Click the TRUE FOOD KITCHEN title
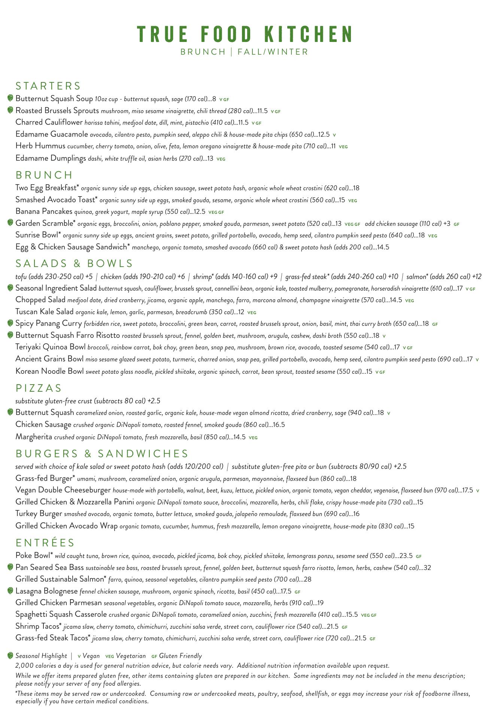point(244,34)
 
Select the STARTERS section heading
point(48,86)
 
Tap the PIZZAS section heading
point(39,388)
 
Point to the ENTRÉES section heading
point(45,543)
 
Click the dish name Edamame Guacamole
point(52,134)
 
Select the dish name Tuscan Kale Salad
point(45,312)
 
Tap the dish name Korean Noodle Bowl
point(49,371)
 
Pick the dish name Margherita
point(34,437)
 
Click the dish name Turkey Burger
point(39,513)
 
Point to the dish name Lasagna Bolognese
point(46,591)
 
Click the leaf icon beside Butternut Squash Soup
point(10,98)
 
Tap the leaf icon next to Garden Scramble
point(10,223)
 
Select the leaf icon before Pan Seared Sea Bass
point(10,567)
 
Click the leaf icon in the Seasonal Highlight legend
point(10,655)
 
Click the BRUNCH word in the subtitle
point(203,52)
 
